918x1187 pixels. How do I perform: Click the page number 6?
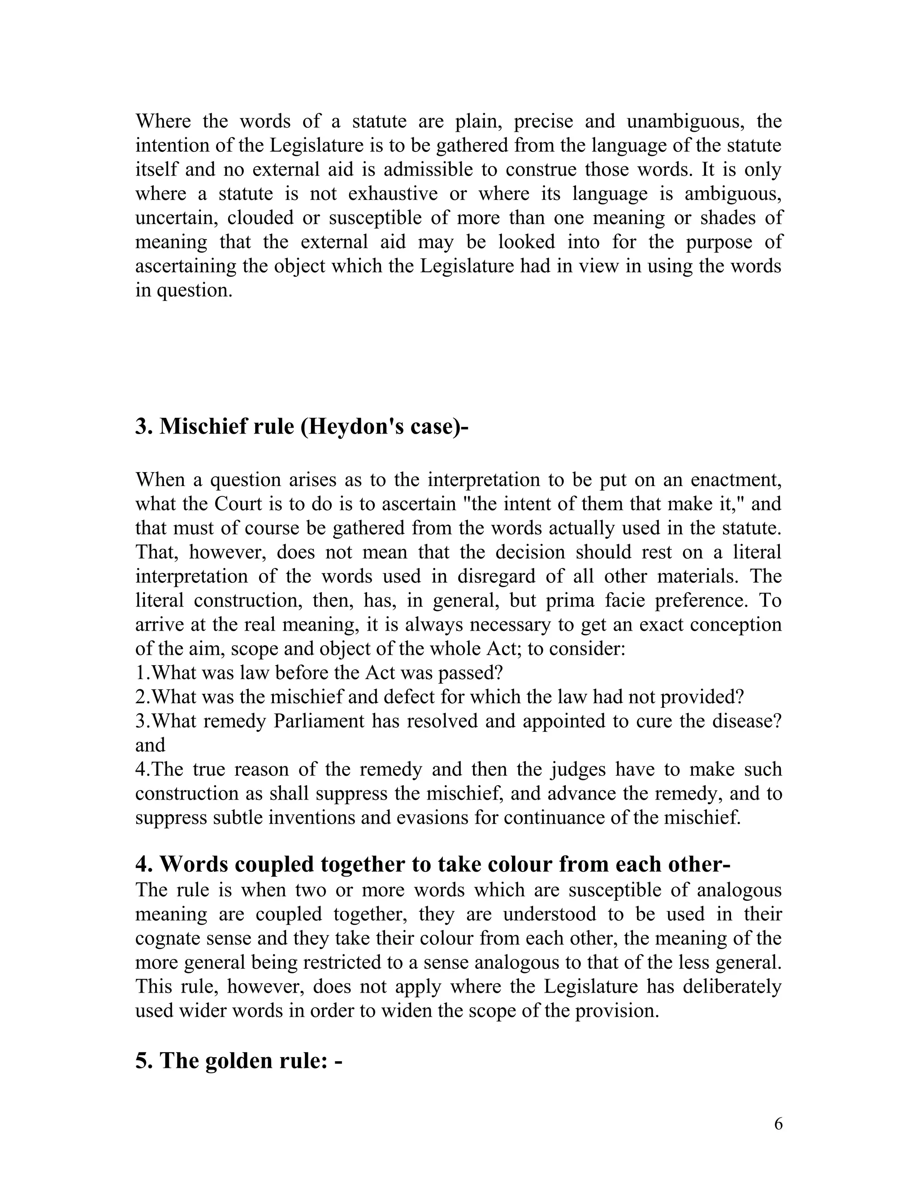778,1123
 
